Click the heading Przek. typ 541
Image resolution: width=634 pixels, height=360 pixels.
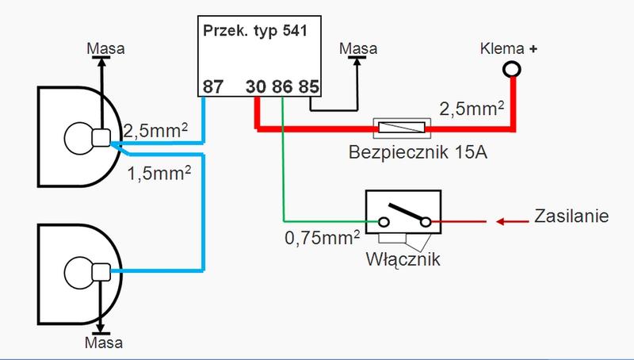[x=256, y=33]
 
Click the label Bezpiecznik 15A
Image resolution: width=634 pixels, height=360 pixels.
[x=418, y=151]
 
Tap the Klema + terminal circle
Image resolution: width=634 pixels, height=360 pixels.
[x=512, y=71]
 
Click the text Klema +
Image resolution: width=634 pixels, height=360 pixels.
[x=509, y=48]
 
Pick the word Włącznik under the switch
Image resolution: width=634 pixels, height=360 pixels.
[x=403, y=258]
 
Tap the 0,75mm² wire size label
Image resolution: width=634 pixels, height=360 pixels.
[x=321, y=236]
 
